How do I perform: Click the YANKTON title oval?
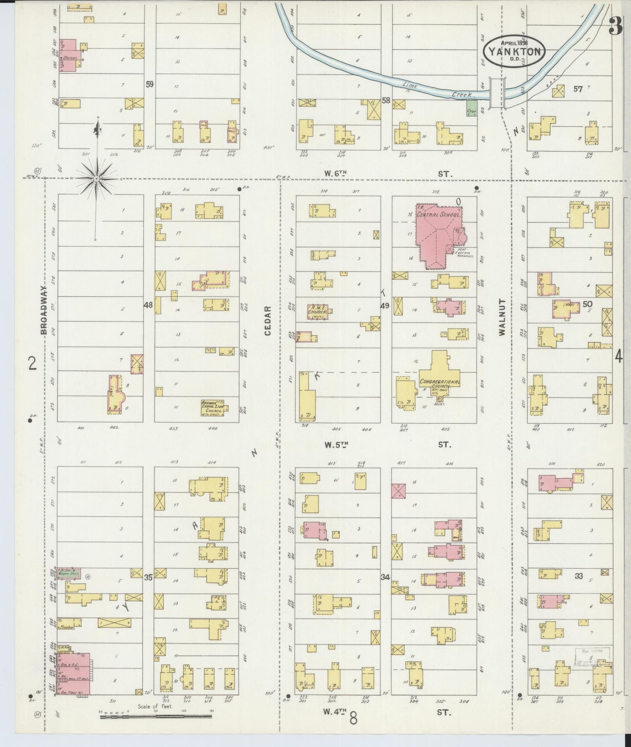point(514,51)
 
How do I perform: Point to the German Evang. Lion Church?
point(212,407)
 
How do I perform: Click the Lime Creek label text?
point(430,88)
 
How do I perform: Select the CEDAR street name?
point(268,321)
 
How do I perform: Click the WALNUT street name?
point(502,317)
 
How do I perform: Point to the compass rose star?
point(97,179)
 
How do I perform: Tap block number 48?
point(148,305)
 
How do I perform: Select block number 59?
point(150,84)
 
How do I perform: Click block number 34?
point(385,577)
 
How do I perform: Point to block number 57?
point(578,89)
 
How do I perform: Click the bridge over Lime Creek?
point(497,93)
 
